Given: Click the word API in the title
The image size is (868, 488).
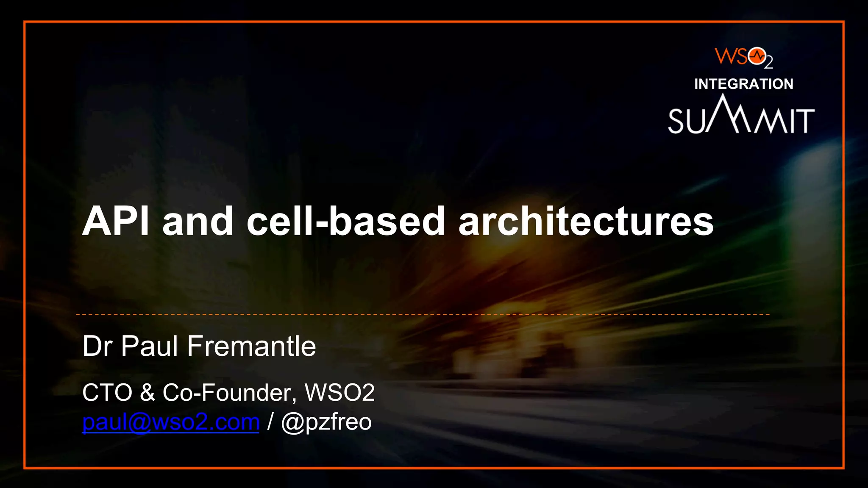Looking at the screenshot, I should [x=115, y=222].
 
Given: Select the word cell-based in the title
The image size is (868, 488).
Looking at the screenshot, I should [x=345, y=222].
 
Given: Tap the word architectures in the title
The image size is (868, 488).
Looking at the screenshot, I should [x=586, y=222].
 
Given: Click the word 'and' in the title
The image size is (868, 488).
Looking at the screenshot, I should [x=198, y=222].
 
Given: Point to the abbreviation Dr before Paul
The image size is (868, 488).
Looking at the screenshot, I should [x=97, y=346].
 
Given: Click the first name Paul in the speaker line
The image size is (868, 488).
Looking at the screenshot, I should [x=149, y=346].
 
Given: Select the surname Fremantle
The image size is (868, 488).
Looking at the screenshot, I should [x=251, y=346].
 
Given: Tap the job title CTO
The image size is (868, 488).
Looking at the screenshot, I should [x=107, y=392].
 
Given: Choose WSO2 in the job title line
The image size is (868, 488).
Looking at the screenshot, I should [x=339, y=392].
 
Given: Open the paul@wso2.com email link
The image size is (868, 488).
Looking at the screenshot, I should [x=170, y=422].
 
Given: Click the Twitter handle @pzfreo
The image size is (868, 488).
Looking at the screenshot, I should [x=326, y=422].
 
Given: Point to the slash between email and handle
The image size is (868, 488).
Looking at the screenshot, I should [x=270, y=422].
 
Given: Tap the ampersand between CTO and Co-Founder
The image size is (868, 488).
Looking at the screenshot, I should [x=147, y=392].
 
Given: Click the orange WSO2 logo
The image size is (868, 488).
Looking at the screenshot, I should [x=743, y=57].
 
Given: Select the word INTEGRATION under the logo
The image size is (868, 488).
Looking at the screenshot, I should [x=743, y=84].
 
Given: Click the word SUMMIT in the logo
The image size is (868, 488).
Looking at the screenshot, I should [x=741, y=120].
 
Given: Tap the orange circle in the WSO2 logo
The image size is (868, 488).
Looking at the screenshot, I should [x=757, y=56].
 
